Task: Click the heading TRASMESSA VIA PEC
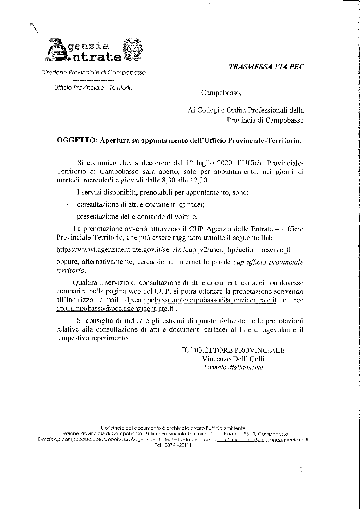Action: (266, 67)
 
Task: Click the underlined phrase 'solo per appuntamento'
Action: (221, 171)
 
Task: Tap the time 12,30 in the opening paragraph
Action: (199, 180)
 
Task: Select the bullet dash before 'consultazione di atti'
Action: (68, 205)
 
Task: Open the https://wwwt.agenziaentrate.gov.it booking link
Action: (173, 250)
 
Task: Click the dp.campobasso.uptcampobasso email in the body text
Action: (200, 300)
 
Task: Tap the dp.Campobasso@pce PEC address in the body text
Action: (115, 309)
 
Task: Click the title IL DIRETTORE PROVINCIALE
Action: (233, 350)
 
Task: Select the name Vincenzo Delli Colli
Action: (233, 359)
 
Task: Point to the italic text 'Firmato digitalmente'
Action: (233, 367)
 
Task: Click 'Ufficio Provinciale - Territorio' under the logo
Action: (93, 88)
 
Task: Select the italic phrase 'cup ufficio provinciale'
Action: (268, 262)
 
